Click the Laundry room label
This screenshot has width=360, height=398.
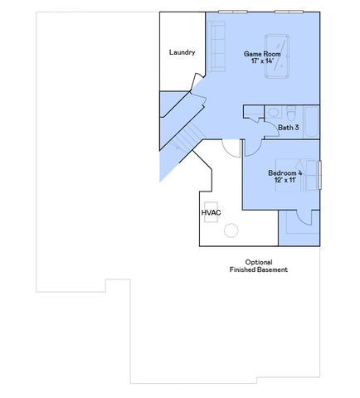tap(182, 52)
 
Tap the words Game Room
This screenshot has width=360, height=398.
tap(262, 54)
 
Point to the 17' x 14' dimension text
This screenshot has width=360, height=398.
tap(262, 61)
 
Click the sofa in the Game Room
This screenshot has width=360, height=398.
tap(218, 46)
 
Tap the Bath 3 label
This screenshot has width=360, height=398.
tap(288, 127)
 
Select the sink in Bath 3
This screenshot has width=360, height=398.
tap(273, 114)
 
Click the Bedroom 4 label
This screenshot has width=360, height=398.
tap(285, 173)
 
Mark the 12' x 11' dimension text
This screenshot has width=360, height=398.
tap(285, 181)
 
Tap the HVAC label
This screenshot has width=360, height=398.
tap(210, 213)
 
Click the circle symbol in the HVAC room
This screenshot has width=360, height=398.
tap(232, 231)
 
